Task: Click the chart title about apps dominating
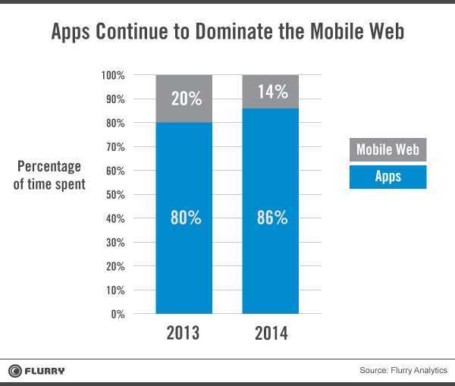(227, 32)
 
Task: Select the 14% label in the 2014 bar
(271, 92)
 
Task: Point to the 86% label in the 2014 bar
(271, 218)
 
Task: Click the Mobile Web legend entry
(388, 149)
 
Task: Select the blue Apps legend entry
(388, 177)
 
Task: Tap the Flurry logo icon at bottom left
(14, 371)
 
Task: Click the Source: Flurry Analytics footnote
(403, 371)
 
